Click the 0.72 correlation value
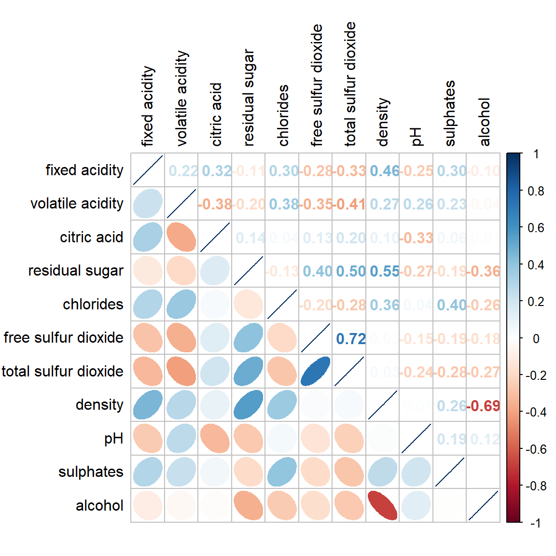[x=351, y=339]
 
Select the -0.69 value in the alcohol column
[x=484, y=406]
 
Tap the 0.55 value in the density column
[x=384, y=271]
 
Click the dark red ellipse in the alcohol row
[x=382, y=505]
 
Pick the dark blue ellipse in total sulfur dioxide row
[x=315, y=371]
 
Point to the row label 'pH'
[x=114, y=438]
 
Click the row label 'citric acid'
[x=92, y=237]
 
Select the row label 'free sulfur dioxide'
[x=63, y=337]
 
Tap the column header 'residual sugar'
[x=249, y=97]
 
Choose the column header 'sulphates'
[x=450, y=113]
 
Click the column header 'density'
[x=383, y=122]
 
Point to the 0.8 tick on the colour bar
[x=536, y=191]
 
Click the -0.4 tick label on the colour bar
[x=536, y=412]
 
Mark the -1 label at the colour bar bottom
[x=535, y=523]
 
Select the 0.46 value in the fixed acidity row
[x=384, y=171]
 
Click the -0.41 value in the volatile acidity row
[x=351, y=204]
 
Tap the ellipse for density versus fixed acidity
[x=148, y=404]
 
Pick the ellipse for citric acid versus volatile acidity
[x=181, y=237]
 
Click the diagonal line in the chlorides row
[x=282, y=304]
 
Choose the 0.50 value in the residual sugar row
[x=351, y=271]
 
